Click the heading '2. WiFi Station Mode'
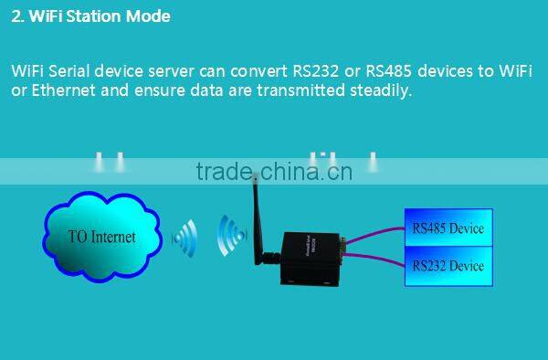click(x=90, y=16)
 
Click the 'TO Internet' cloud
click(x=101, y=236)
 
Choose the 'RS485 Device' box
click(x=448, y=228)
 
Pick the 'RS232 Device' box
click(x=448, y=266)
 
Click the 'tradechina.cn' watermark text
click(x=273, y=171)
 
